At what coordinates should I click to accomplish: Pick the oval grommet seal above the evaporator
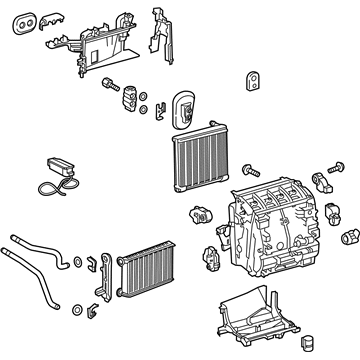(x=186, y=108)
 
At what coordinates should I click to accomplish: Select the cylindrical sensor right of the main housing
(x=350, y=237)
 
